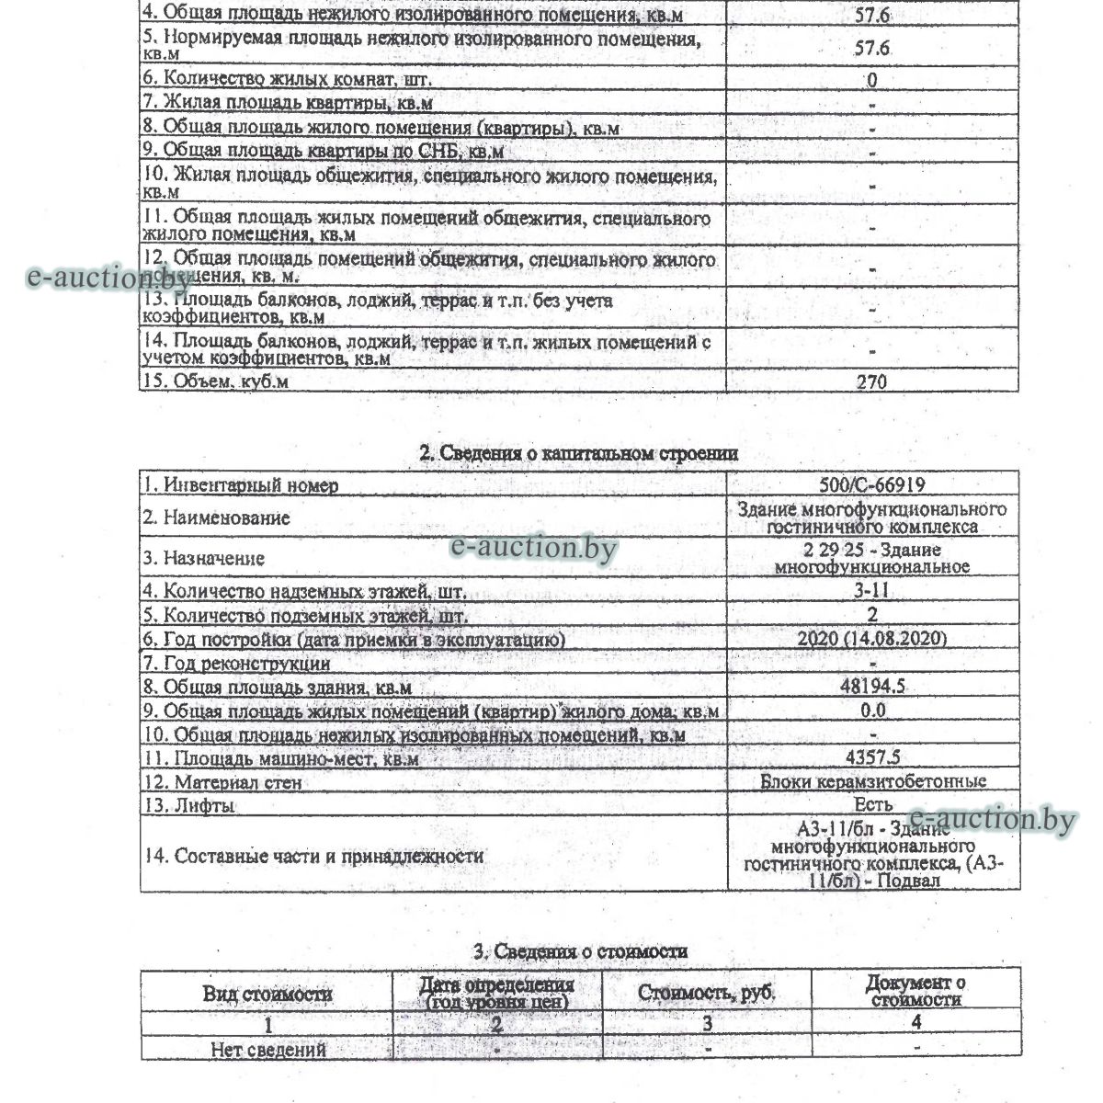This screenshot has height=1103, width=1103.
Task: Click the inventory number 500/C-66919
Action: click(872, 484)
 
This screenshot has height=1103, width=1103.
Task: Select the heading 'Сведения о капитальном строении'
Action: click(578, 453)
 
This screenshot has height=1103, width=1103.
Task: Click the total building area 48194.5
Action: click(872, 687)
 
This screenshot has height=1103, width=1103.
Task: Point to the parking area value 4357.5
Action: click(872, 758)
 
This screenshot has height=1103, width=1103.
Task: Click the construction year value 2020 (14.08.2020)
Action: click(872, 639)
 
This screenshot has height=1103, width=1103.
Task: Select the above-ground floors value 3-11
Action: click(872, 591)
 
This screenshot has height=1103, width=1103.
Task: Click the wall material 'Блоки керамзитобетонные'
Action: click(873, 782)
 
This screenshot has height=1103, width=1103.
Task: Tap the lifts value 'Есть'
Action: click(872, 805)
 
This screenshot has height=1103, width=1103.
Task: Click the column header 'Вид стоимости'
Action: click(267, 994)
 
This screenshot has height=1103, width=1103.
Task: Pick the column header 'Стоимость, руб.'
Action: click(707, 994)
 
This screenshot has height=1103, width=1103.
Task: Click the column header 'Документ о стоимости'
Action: click(915, 991)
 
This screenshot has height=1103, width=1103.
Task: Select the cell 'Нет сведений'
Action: click(267, 1049)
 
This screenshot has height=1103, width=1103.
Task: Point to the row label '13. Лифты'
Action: click(188, 806)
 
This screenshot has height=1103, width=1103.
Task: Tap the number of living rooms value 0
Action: click(872, 80)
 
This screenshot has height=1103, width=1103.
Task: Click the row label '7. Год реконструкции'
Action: click(236, 663)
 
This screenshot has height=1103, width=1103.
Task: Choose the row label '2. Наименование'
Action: click(215, 517)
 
